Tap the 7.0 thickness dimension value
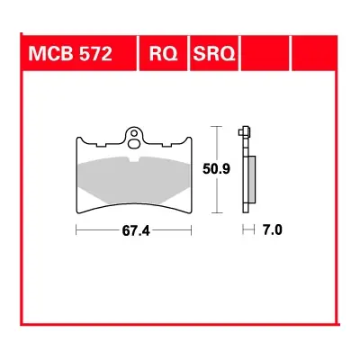(272, 230)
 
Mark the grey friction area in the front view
(135, 175)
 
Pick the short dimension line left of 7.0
(247, 230)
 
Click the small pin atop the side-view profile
(244, 130)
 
